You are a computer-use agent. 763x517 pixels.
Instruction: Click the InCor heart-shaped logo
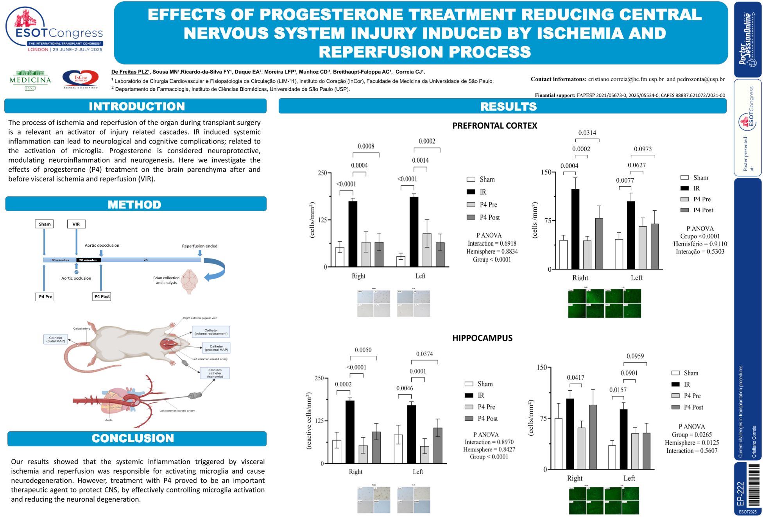pos(81,79)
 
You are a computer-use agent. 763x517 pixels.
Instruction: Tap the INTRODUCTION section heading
pos(136,106)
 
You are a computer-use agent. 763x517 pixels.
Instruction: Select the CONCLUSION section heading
pos(133,438)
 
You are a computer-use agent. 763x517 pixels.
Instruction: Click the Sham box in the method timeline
pos(45,224)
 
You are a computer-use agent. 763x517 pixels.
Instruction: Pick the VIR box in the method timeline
pos(76,224)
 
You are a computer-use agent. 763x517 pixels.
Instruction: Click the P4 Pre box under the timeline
pos(45,297)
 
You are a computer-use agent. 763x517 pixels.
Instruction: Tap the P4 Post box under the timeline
pos(102,296)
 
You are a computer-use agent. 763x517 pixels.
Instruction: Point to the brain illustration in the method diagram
pos(189,281)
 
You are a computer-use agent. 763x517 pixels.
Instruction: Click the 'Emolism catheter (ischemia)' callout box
pos(215,373)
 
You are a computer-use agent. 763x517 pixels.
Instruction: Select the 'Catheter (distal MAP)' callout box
pos(56,339)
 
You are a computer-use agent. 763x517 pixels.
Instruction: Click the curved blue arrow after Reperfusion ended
pos(215,269)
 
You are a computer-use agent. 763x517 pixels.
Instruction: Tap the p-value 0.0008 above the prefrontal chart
pos(366,146)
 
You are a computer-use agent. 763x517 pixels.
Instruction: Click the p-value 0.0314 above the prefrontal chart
pos(587,133)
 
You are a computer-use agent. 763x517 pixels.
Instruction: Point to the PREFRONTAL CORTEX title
pos(494,126)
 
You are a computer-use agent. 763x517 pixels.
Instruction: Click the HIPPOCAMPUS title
pos(482,338)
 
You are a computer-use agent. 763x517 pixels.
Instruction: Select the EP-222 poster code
pos(741,494)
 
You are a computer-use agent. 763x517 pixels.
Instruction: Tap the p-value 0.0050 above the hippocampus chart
pos(363,350)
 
